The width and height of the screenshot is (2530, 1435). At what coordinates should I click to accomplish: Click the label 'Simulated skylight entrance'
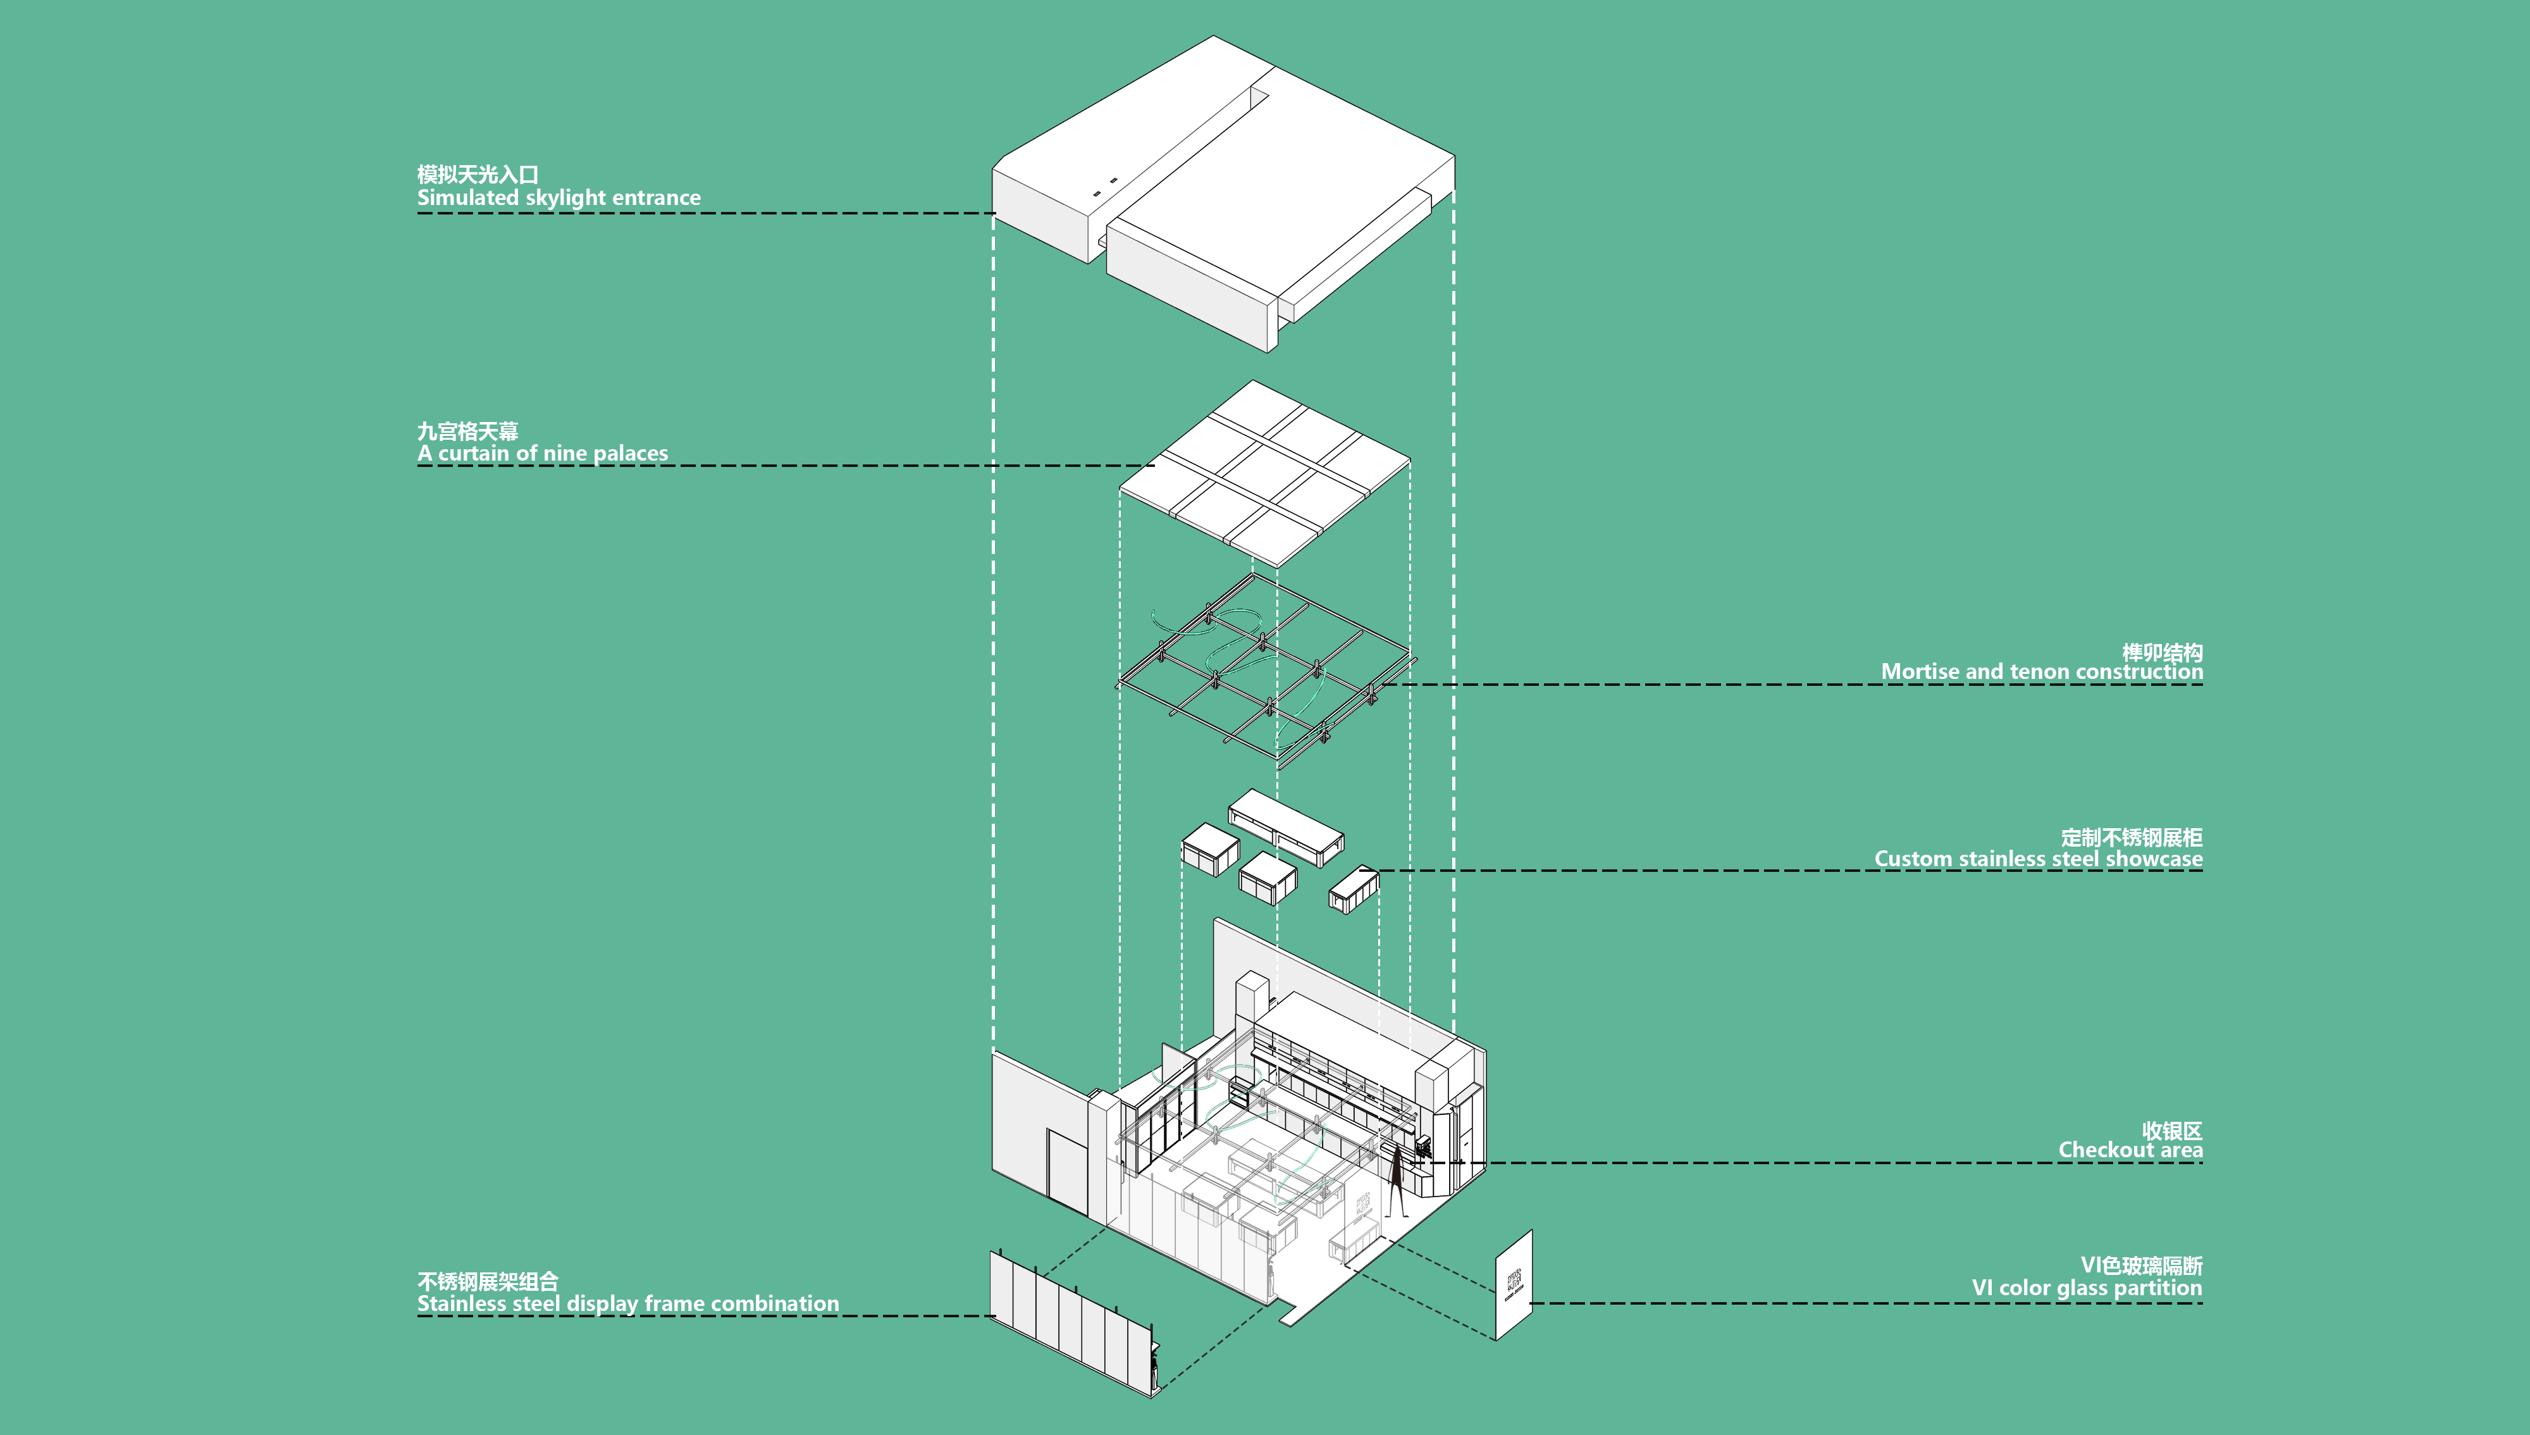point(558,198)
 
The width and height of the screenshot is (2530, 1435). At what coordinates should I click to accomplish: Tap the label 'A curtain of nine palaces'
point(542,454)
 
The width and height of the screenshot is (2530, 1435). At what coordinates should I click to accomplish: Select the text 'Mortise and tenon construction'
point(2041,671)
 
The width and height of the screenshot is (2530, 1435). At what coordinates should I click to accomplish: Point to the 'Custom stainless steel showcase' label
point(2039,859)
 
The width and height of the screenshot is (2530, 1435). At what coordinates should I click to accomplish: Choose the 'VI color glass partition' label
point(2087,1288)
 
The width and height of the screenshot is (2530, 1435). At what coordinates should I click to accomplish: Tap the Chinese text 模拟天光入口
point(478,175)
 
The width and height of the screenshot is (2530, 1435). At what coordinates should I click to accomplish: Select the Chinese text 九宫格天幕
point(468,431)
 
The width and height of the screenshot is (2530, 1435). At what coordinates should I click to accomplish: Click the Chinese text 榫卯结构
point(2163,652)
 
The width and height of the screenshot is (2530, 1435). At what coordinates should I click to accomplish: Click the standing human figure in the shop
point(1396,1180)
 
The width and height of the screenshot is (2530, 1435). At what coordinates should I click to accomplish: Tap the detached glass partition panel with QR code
point(1514,1285)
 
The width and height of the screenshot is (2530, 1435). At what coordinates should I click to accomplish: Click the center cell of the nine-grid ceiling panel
point(1265,473)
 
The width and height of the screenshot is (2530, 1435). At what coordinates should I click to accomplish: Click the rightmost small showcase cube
point(1354,890)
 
